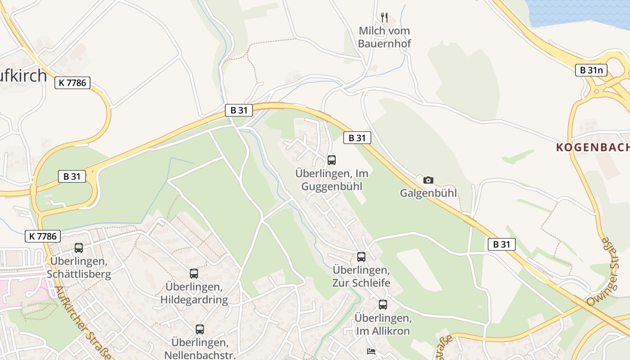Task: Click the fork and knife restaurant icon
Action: pos(384,18)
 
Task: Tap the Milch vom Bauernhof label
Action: pos(385,37)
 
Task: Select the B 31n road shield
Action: pos(591,70)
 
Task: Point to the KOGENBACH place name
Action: pos(592,147)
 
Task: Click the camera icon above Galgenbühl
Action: pos(428,180)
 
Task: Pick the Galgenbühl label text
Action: pos(428,193)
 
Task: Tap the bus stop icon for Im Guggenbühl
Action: pos(332,160)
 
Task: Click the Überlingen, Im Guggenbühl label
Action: pos(332,180)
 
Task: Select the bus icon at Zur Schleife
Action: pos(361,257)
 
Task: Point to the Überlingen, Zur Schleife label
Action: pos(361,276)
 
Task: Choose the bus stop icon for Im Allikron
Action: pos(382,305)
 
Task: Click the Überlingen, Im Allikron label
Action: pos(383,324)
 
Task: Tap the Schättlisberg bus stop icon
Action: pos(79,247)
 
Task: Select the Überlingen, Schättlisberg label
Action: pos(79,267)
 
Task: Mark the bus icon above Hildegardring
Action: pos(194,273)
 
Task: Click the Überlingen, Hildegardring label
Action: pos(194,293)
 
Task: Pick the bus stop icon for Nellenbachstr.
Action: pos(200,329)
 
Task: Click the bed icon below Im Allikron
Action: pos(371,351)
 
